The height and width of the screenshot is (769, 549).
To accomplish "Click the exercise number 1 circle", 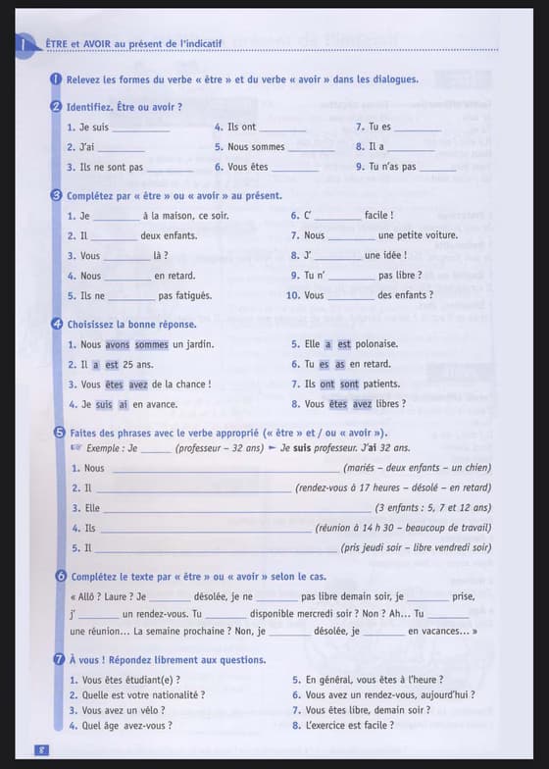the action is (x=57, y=79).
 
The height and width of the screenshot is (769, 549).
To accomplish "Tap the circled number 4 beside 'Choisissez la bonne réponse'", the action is (x=57, y=324).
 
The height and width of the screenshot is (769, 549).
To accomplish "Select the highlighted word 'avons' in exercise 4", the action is (x=117, y=344).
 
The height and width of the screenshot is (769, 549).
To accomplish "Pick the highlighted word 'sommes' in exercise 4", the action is (x=152, y=344).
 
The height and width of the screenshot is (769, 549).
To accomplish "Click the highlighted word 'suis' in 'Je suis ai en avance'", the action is (x=104, y=403).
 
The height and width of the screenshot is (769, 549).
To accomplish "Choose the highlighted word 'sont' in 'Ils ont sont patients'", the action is (x=349, y=384).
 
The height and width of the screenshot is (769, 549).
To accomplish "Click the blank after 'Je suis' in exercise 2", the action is (x=141, y=128).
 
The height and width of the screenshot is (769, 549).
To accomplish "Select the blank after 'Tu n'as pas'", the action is (x=437, y=168).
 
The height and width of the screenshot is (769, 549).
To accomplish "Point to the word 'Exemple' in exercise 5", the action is (x=105, y=448).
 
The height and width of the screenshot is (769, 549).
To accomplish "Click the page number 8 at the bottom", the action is (x=42, y=750).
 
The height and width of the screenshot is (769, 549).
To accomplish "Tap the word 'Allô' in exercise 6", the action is (x=88, y=596).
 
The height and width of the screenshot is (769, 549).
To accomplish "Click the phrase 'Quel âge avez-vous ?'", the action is (x=127, y=726).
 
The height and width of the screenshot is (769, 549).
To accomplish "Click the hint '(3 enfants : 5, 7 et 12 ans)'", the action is (x=432, y=508).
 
